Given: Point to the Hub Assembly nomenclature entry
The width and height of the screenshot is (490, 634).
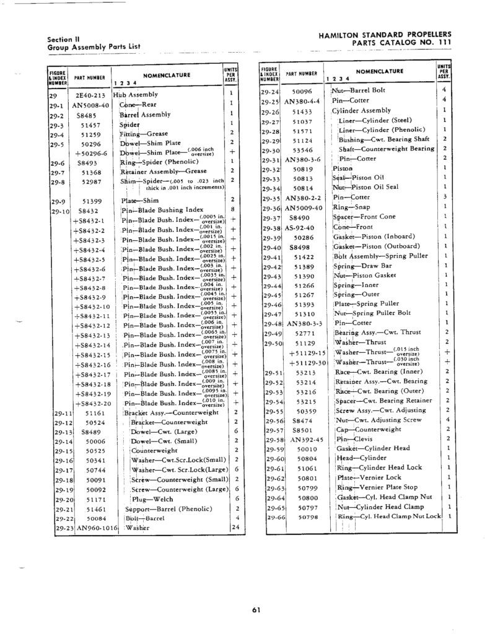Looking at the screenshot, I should coord(135,96).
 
